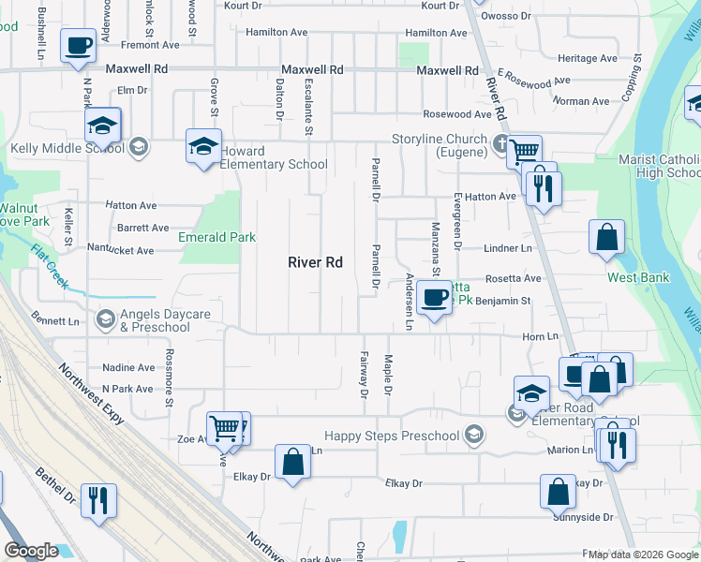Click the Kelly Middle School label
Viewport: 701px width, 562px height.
(x=67, y=148)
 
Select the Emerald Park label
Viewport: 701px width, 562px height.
(x=217, y=237)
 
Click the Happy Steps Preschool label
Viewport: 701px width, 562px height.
(x=393, y=436)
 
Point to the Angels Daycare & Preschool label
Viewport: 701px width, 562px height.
(x=156, y=320)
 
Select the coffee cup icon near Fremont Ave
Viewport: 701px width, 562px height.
(x=79, y=44)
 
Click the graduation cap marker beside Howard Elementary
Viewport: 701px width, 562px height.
(x=202, y=145)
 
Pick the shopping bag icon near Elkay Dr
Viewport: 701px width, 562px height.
(x=292, y=461)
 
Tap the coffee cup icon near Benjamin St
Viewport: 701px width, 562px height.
(x=434, y=297)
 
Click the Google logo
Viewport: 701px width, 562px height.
(x=31, y=551)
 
